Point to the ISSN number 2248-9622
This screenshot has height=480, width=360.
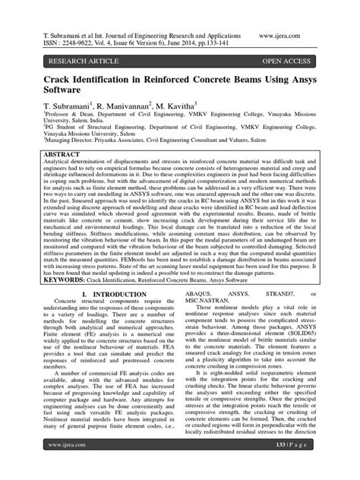pyautogui.click(x=81, y=44)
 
